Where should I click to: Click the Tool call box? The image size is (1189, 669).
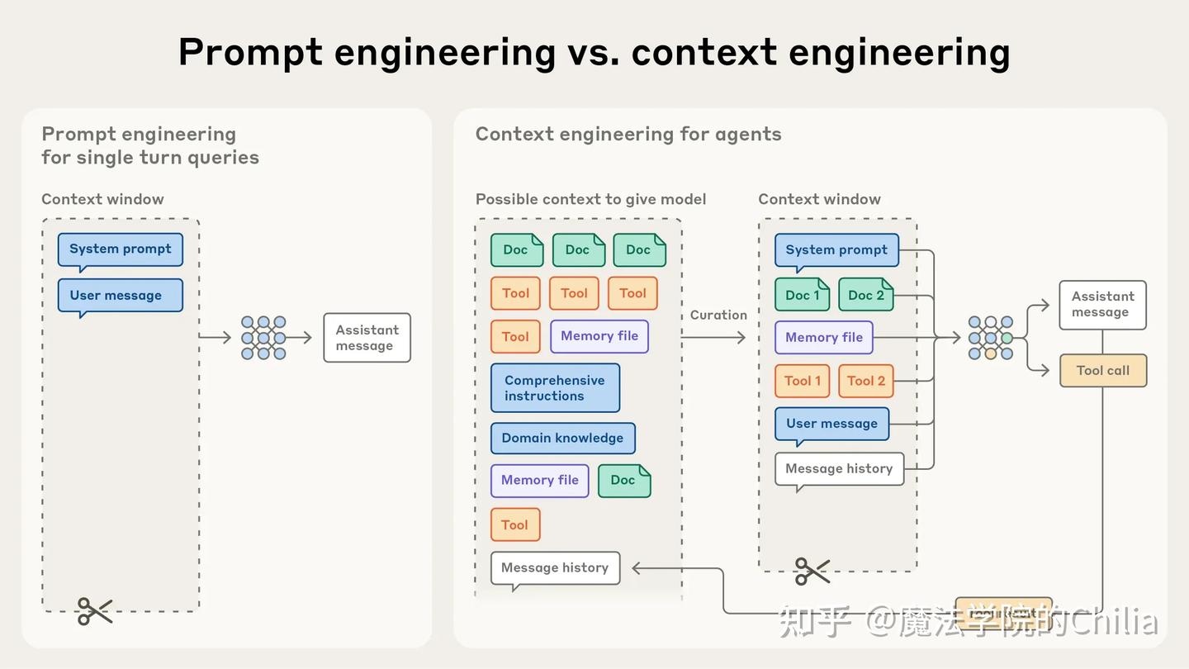(x=1103, y=371)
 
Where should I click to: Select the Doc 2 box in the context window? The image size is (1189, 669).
(x=866, y=295)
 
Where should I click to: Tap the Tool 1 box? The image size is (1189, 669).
(x=803, y=381)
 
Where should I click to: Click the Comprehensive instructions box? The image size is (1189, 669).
(x=555, y=388)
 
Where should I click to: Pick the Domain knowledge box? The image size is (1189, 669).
(x=562, y=438)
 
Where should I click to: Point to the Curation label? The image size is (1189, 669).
(x=718, y=315)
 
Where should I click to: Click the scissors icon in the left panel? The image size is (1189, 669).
(x=94, y=611)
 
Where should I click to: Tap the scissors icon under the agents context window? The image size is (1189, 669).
(x=812, y=571)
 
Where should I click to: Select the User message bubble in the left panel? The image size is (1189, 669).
(x=120, y=296)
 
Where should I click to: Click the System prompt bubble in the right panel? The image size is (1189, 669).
(x=836, y=249)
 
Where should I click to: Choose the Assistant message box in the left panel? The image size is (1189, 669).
(x=367, y=338)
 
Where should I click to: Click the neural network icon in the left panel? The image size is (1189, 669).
(x=263, y=338)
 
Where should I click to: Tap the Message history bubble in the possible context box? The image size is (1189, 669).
(x=555, y=568)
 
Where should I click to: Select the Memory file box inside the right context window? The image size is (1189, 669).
(x=824, y=337)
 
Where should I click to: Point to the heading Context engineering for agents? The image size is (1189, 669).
(x=628, y=134)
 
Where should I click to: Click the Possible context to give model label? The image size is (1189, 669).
(x=590, y=199)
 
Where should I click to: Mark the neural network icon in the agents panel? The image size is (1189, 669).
(x=990, y=338)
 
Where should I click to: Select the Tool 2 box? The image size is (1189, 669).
(x=866, y=381)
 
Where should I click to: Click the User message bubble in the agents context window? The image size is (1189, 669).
(x=831, y=424)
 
